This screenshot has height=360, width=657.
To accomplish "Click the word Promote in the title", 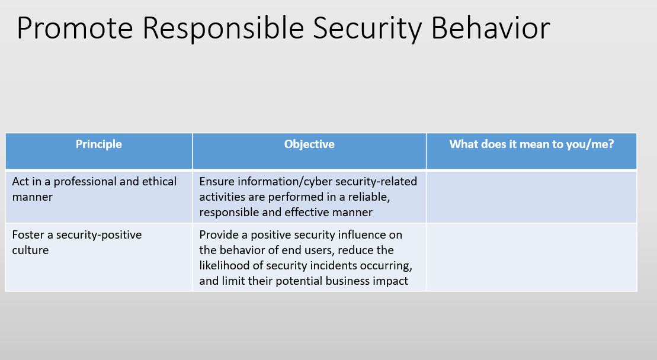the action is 75,28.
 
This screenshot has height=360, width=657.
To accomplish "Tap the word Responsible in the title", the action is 223,29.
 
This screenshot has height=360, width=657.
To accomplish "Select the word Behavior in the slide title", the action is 491,28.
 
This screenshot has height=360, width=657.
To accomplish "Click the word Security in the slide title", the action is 367,29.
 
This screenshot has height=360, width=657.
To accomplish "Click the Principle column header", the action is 99,144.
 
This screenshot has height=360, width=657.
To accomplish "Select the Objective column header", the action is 309,144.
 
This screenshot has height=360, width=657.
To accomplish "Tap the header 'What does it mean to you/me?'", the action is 532,144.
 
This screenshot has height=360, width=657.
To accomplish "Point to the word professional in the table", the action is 85,182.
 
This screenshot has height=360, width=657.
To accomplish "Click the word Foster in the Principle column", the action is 27,235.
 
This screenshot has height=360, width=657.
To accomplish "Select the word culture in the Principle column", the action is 30,250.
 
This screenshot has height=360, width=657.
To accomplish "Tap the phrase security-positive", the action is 99,235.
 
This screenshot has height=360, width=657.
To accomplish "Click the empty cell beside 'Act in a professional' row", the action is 532,197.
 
